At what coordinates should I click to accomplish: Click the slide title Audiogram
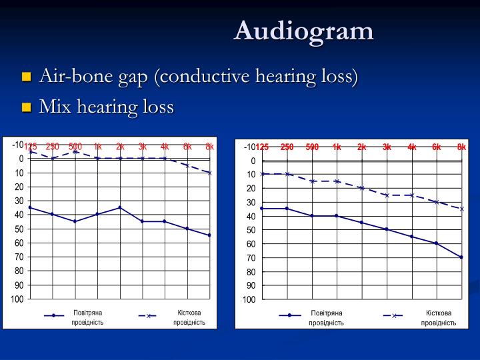click(303, 30)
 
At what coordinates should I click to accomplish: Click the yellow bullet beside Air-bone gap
click(27, 77)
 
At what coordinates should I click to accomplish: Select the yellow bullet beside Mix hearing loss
click(27, 107)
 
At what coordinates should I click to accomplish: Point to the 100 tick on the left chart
click(17, 299)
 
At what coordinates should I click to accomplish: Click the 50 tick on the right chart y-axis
click(251, 230)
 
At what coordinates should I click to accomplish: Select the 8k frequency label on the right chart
click(461, 147)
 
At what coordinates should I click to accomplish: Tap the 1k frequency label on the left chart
click(98, 147)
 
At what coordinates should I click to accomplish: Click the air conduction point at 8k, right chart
click(461, 257)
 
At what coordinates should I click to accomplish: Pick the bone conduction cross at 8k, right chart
click(461, 209)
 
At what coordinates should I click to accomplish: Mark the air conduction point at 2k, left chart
click(120, 207)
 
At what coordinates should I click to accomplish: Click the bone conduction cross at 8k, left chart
click(209, 173)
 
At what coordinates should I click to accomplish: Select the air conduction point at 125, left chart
click(30, 207)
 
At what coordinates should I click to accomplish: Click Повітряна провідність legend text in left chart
click(87, 317)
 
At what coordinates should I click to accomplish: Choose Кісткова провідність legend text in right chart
click(439, 318)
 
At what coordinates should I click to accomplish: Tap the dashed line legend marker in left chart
click(149, 316)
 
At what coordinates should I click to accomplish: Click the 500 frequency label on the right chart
click(312, 147)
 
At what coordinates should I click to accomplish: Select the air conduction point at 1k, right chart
click(337, 216)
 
